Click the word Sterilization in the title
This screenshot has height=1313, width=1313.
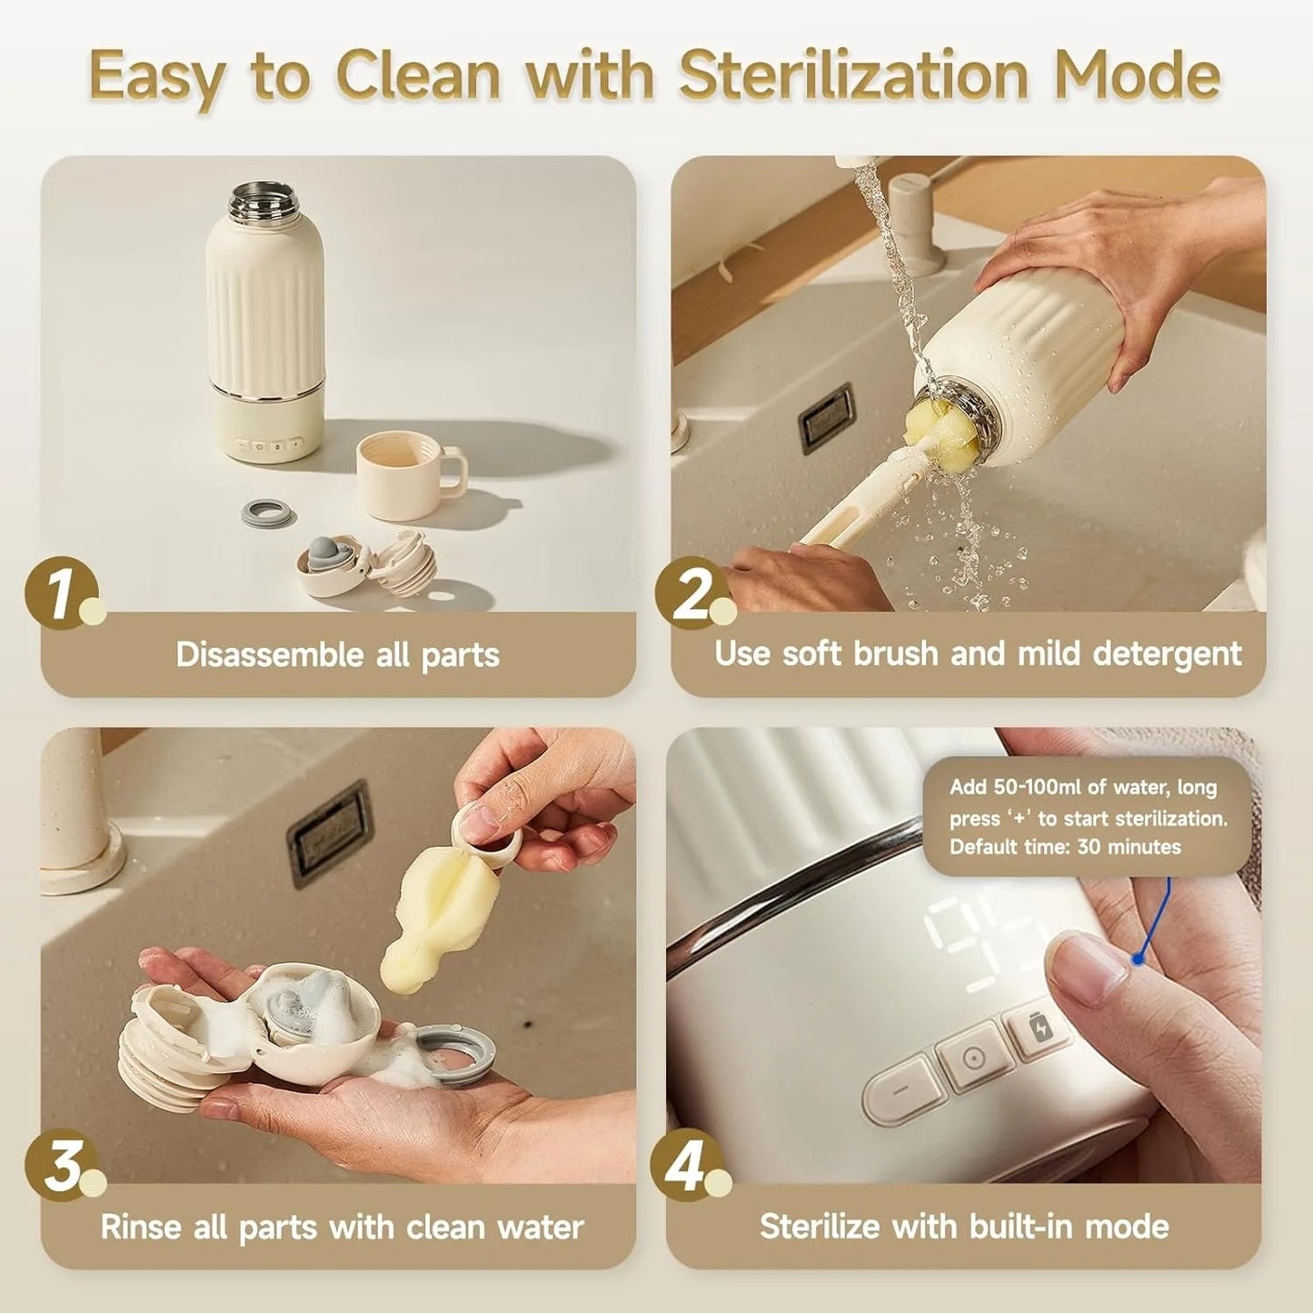852,75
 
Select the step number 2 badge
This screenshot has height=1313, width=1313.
692,593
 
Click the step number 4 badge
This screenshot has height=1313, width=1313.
687,1165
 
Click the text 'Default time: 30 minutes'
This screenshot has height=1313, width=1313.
1065,847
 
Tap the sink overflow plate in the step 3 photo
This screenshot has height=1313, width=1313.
330,833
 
